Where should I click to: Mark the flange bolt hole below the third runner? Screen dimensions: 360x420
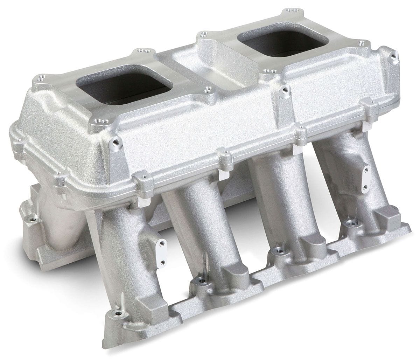[279, 250]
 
